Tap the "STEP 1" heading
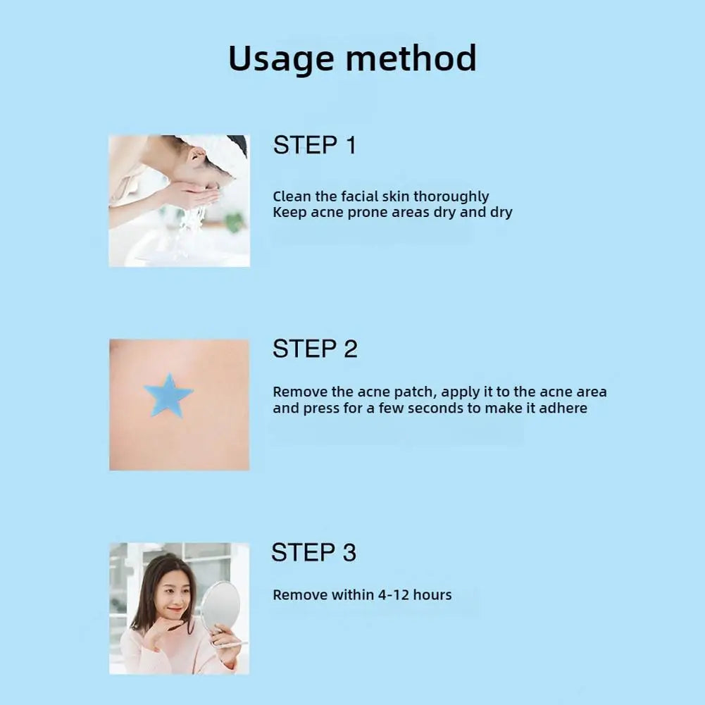314,145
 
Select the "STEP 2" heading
314,349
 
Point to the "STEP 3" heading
314,553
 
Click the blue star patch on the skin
168,397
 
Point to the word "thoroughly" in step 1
451,196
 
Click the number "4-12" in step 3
393,595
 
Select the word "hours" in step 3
432,595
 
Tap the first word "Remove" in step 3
301,595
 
